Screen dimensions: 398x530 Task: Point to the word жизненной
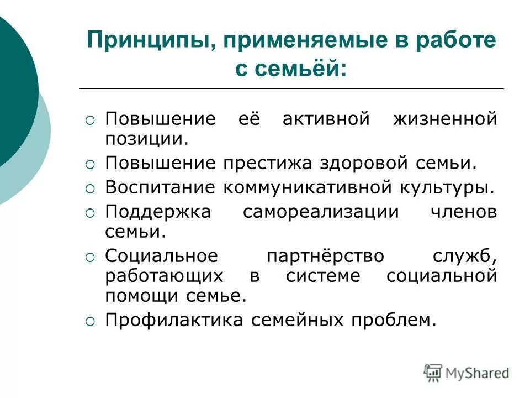pyautogui.click(x=444, y=119)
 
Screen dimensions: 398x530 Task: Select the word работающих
pyautogui.click(x=164, y=276)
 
